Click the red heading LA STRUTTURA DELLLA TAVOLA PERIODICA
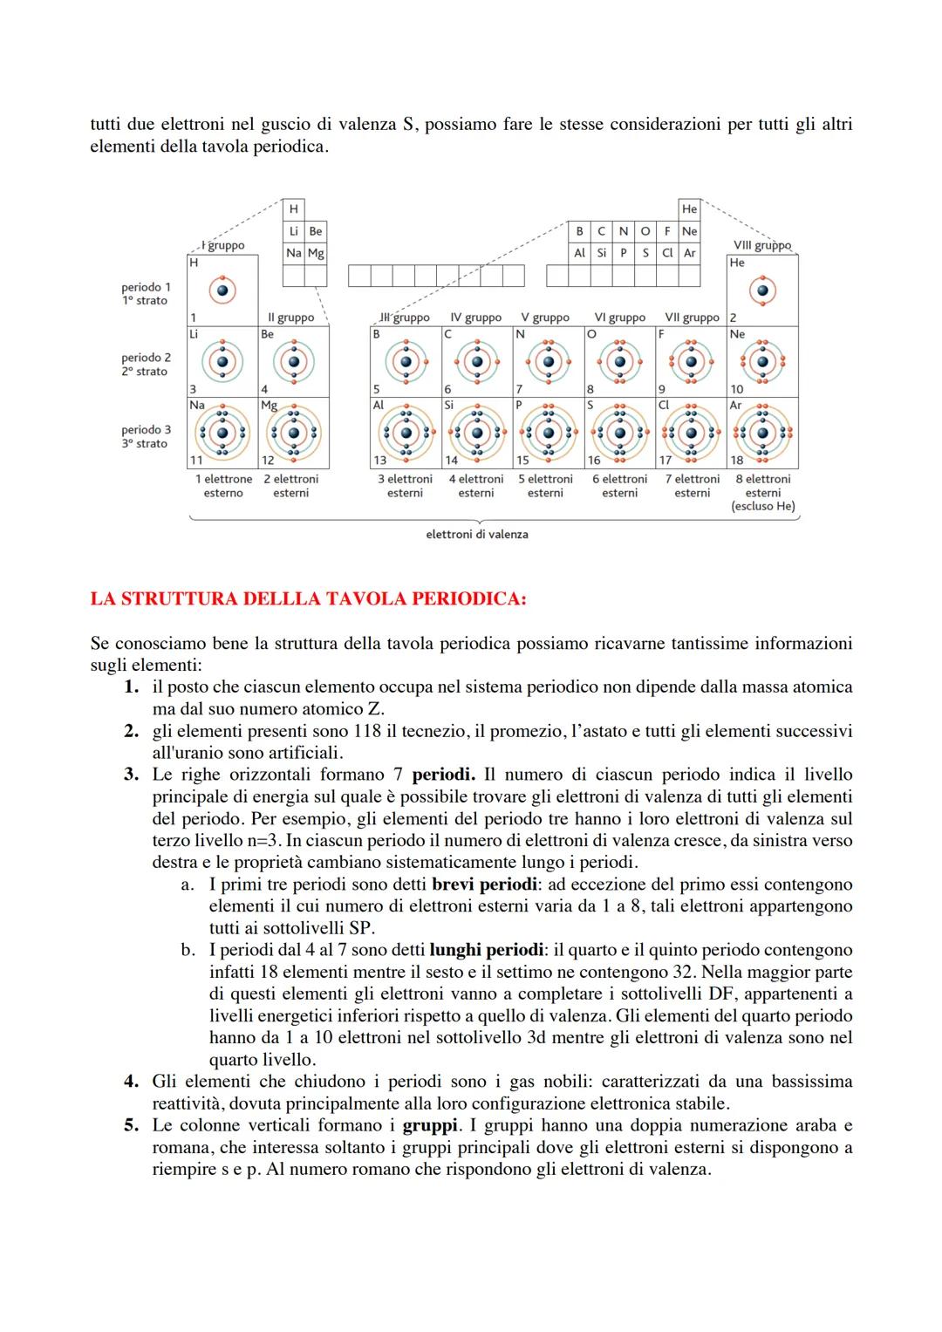(x=308, y=599)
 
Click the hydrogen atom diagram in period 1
(x=222, y=290)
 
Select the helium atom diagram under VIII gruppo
(x=763, y=290)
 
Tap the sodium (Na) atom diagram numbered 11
(x=222, y=433)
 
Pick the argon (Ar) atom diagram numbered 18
(x=763, y=433)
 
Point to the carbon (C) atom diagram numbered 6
(x=476, y=362)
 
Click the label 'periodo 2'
(x=146, y=358)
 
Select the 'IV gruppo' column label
(x=475, y=318)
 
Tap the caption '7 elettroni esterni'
(x=692, y=486)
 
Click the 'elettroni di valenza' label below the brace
(x=476, y=534)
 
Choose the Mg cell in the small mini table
(x=316, y=253)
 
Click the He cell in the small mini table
(x=689, y=209)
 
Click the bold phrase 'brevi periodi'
(x=484, y=884)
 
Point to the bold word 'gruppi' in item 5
(x=430, y=1125)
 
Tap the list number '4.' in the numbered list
(x=131, y=1082)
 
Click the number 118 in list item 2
(x=368, y=731)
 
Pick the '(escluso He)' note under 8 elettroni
(x=763, y=506)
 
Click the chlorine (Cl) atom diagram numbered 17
(x=692, y=433)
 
